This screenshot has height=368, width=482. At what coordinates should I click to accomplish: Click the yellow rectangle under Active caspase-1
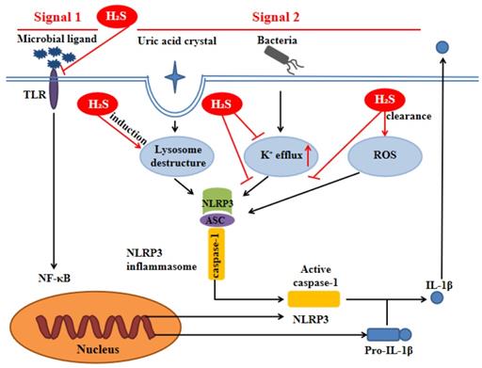pos(313,299)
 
